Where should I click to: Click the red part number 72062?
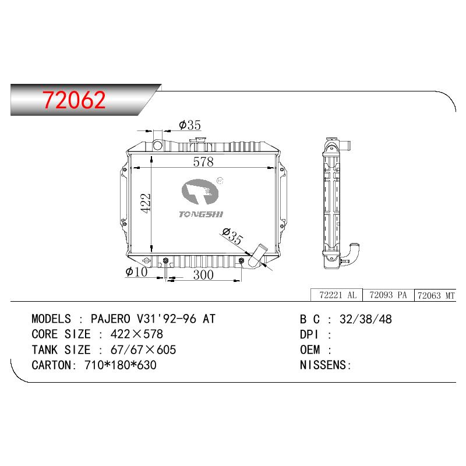coord(74,100)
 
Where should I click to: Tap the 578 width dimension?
coord(203,162)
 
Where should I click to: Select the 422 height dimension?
coord(145,203)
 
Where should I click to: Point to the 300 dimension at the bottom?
coord(203,275)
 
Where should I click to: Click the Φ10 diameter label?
coord(136,271)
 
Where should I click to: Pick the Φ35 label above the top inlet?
coord(190,125)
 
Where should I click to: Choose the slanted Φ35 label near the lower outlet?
coord(232,236)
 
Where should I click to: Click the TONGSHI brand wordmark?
coord(201,214)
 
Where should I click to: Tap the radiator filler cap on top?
coord(198,140)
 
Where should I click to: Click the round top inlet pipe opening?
coord(157,145)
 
